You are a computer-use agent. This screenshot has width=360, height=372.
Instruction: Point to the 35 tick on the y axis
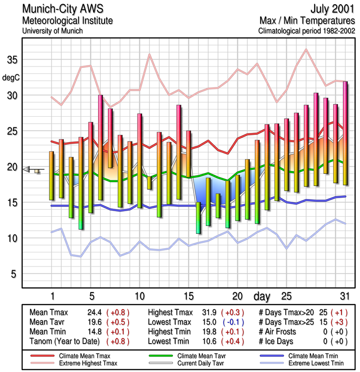pos(12,60)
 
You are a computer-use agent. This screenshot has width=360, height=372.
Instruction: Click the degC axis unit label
pos(11,78)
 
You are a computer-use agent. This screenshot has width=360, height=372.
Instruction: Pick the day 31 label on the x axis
pos(344,296)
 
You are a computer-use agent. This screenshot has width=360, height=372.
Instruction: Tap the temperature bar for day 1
pos(52,176)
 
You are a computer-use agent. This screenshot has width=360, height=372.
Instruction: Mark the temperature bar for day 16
pos(198,218)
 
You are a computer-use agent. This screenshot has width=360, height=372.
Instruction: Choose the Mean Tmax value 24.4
pos(94,313)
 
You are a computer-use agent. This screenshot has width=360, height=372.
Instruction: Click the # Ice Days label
pos(276,342)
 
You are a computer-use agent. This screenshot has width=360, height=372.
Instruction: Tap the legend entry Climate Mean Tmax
pos(79,356)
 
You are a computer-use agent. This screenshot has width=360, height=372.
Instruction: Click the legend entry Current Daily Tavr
pos(194,363)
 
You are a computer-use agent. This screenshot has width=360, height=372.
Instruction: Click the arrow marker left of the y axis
pos(29,170)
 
